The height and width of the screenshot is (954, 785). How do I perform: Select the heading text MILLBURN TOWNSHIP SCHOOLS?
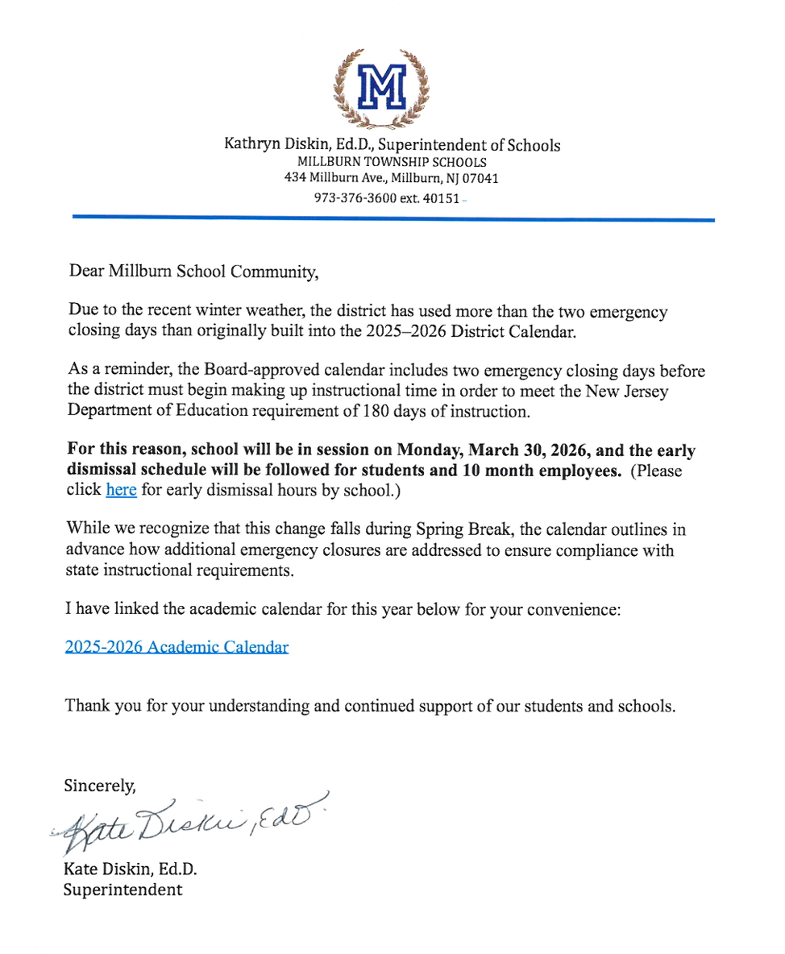[392, 162]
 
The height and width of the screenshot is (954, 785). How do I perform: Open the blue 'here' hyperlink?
[121, 489]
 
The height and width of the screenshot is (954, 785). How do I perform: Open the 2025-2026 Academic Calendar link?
[177, 647]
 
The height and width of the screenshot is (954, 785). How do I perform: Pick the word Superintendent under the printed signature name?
[123, 890]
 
